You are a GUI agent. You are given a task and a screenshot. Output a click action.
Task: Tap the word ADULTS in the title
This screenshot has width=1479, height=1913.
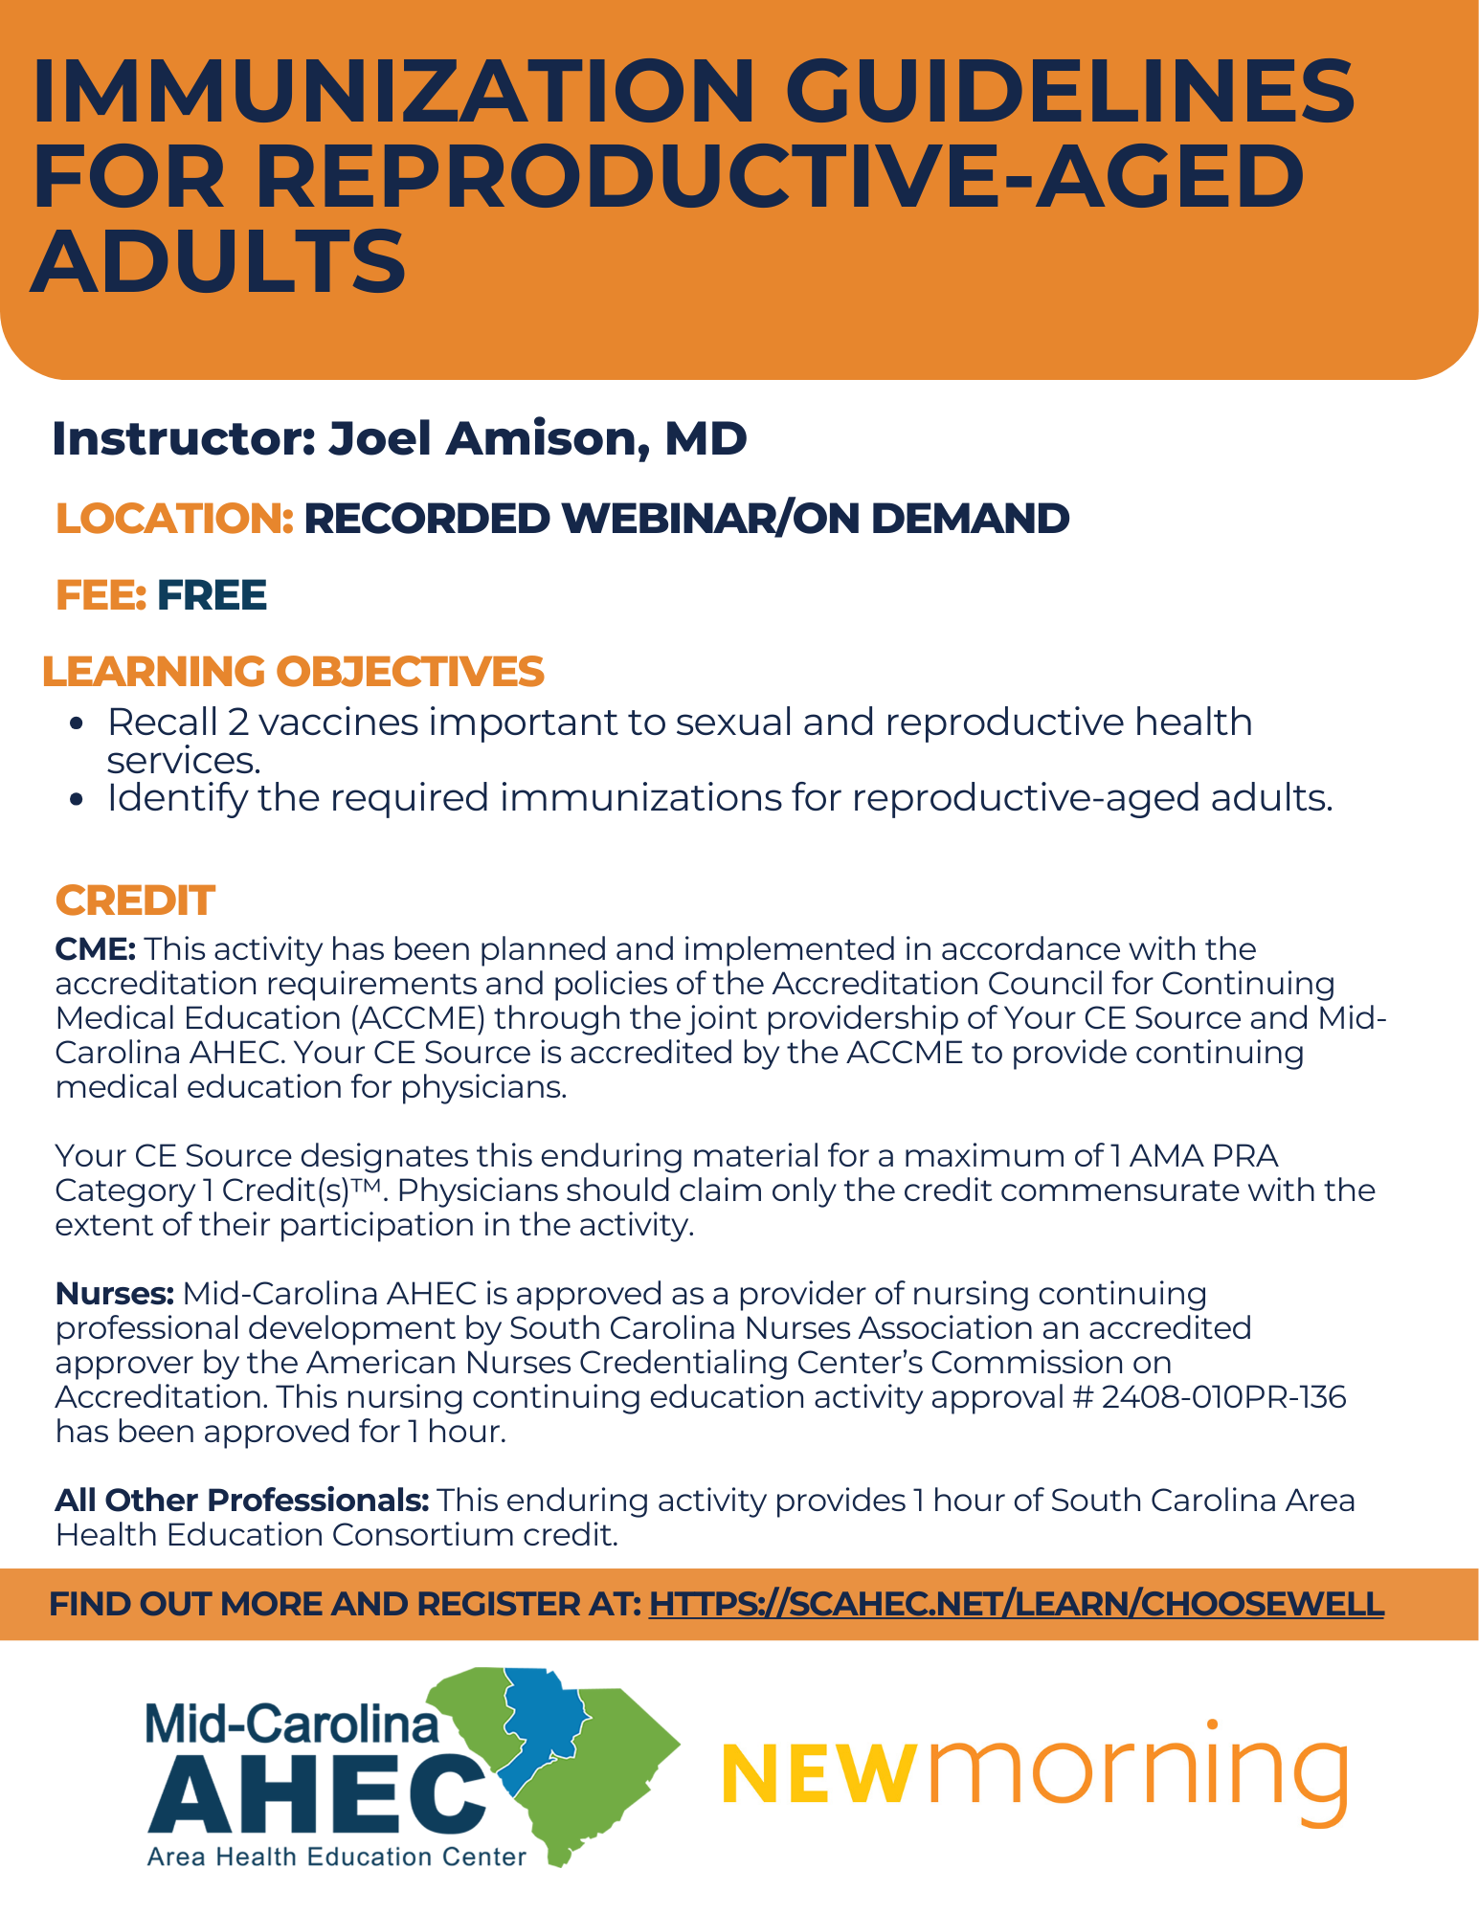[219, 261]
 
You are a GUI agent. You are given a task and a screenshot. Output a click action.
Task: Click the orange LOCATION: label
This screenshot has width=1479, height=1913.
[174, 519]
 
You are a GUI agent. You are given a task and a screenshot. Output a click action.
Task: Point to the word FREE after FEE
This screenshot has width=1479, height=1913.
[212, 595]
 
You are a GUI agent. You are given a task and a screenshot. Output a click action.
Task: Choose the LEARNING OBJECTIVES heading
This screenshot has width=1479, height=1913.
[293, 672]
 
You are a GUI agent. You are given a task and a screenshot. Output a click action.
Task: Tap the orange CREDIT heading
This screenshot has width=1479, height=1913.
[135, 901]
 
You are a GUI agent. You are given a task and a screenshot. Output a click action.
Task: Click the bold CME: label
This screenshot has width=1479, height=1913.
[96, 949]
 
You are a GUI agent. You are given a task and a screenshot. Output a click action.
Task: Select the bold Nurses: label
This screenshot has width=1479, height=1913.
[114, 1294]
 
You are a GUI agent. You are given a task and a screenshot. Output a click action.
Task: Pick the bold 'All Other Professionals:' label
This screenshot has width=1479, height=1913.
[242, 1501]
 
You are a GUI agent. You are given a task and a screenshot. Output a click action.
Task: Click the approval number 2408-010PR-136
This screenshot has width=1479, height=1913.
[1223, 1397]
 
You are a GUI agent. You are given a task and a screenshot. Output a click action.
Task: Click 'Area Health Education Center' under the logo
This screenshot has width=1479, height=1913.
[336, 1857]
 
